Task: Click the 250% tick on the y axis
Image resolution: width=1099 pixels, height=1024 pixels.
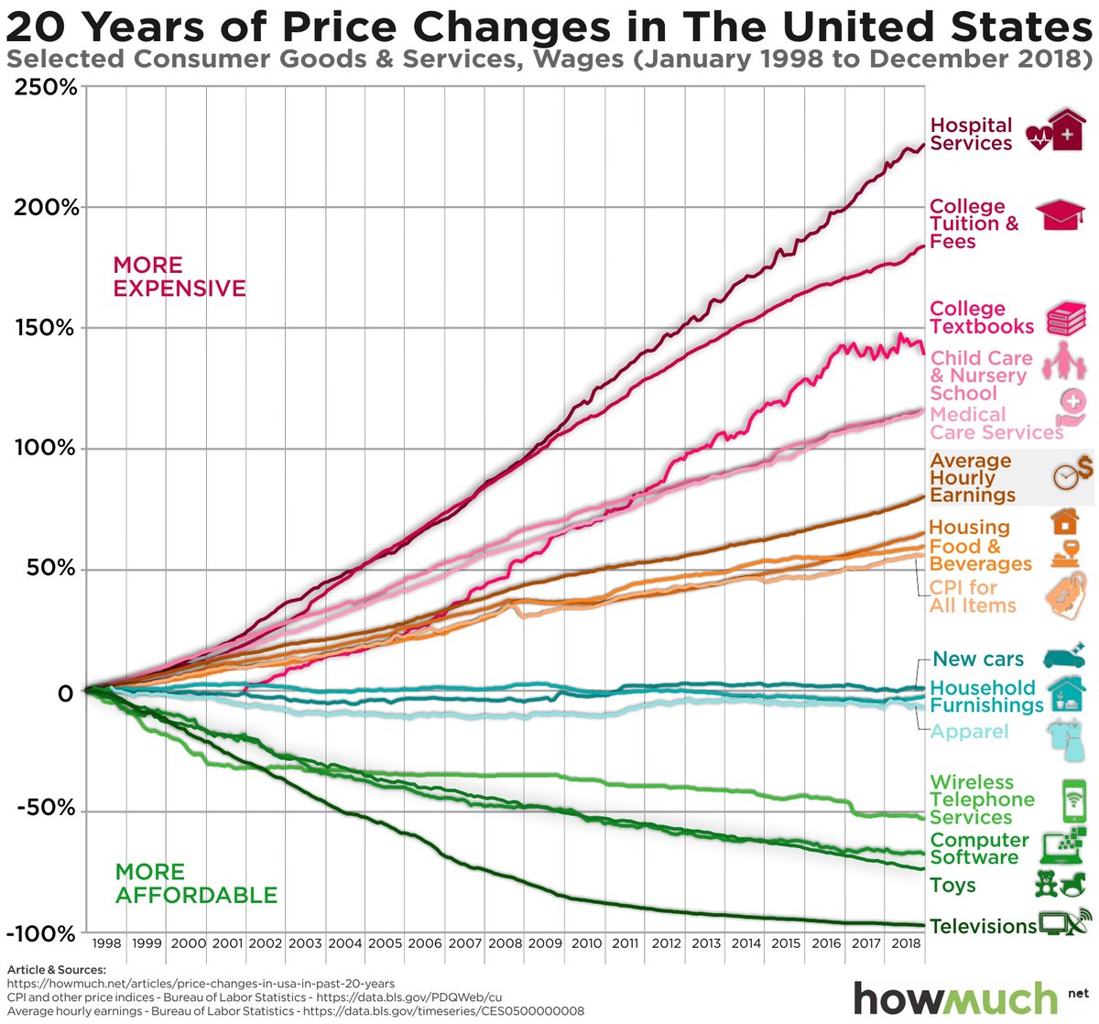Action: [x=43, y=88]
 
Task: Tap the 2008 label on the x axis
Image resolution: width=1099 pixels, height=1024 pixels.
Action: [x=505, y=943]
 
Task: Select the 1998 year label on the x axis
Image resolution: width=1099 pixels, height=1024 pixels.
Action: [x=107, y=943]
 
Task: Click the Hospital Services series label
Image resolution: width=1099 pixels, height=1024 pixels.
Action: [x=971, y=135]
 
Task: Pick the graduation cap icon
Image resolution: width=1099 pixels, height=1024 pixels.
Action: [x=1061, y=216]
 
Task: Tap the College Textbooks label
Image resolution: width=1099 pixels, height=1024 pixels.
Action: [x=981, y=318]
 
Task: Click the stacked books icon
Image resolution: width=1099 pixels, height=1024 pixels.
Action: [x=1066, y=318]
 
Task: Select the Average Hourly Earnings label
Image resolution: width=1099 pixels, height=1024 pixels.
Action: [x=972, y=477]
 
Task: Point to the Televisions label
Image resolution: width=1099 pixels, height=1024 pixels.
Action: [x=983, y=926]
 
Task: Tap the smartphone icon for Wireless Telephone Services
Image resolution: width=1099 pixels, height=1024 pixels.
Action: [x=1073, y=801]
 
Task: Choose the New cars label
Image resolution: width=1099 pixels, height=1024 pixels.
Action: [x=977, y=659]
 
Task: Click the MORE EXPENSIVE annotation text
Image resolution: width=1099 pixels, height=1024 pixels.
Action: [x=179, y=277]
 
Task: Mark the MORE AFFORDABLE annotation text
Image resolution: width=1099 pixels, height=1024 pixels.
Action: [x=195, y=883]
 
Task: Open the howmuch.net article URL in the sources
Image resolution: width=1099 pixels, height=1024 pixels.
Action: [x=201, y=984]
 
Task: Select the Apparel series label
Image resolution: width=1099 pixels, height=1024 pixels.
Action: [x=969, y=731]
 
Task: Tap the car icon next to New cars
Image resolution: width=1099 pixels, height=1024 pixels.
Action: [x=1062, y=656]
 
